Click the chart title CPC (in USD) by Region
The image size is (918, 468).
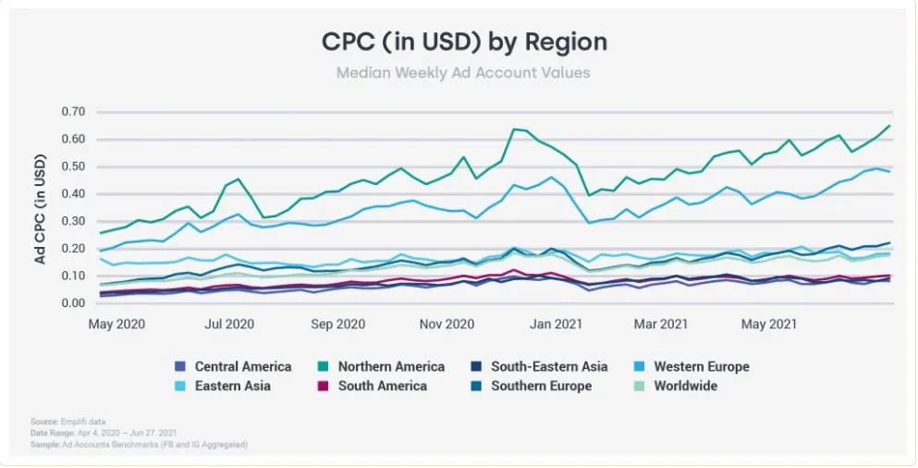point(464,42)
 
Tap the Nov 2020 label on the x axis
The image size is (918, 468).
point(447,325)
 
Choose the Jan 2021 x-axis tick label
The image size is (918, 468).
point(556,325)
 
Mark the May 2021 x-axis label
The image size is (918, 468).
point(770,325)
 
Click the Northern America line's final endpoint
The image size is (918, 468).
point(889,126)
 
